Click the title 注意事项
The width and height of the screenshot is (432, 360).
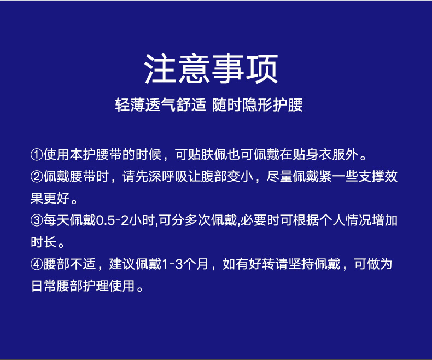(211, 68)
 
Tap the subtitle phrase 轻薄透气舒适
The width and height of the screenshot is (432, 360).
(160, 105)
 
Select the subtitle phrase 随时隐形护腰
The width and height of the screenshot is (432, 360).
(258, 105)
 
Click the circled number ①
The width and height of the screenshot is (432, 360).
(37, 155)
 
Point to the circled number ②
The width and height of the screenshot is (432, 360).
(37, 177)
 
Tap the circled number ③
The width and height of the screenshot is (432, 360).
(37, 220)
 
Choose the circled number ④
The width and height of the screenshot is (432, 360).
(37, 264)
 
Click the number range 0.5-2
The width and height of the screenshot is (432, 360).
(112, 220)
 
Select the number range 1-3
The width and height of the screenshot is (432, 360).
(173, 264)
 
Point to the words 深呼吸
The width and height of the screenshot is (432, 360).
(168, 177)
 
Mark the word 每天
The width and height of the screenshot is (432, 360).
(56, 220)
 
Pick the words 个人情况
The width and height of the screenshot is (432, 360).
(345, 220)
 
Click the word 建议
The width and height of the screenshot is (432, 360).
(122, 264)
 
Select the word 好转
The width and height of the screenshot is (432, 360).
(262, 264)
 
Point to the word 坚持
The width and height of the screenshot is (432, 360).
(301, 264)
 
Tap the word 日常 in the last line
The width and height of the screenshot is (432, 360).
(44, 286)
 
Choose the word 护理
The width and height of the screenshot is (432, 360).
(96, 286)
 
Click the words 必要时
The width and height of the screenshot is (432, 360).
(260, 220)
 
